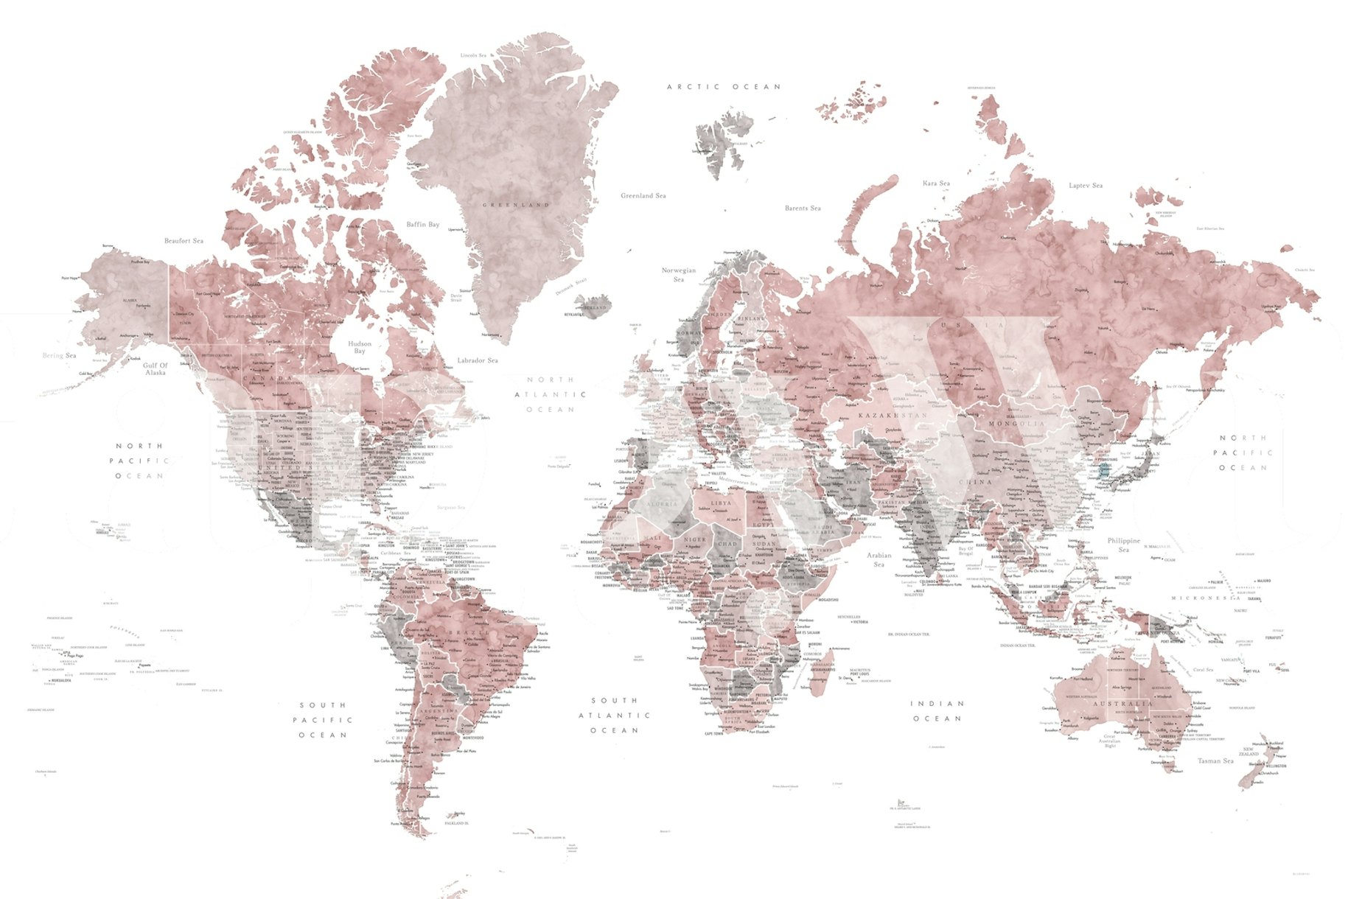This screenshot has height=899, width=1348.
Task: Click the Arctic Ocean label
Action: (x=723, y=87)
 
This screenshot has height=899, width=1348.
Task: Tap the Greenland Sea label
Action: (x=643, y=196)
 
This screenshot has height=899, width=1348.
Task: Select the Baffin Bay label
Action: (x=422, y=224)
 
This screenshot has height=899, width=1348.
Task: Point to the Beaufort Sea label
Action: (x=184, y=241)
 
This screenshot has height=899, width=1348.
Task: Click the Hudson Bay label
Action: (x=360, y=347)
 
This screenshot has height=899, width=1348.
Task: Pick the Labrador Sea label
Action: (x=477, y=360)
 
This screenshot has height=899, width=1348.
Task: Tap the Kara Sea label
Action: (x=936, y=183)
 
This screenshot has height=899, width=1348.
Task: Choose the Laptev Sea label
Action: (x=1086, y=186)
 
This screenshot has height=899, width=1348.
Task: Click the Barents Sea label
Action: (x=803, y=209)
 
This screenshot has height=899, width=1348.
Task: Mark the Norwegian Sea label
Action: (x=679, y=275)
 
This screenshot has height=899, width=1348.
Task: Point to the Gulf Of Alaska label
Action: (x=156, y=369)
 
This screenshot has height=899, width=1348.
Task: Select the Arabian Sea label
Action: (x=879, y=559)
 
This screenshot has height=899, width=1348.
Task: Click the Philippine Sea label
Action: (x=1123, y=545)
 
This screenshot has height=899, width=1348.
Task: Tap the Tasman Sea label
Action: (x=1215, y=760)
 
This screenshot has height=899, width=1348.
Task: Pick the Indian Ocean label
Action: (x=937, y=711)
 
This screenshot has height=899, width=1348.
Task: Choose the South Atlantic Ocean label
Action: (x=614, y=716)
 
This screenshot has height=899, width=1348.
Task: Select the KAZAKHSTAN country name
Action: (x=893, y=416)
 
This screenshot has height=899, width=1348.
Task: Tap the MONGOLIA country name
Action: (x=1017, y=424)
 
